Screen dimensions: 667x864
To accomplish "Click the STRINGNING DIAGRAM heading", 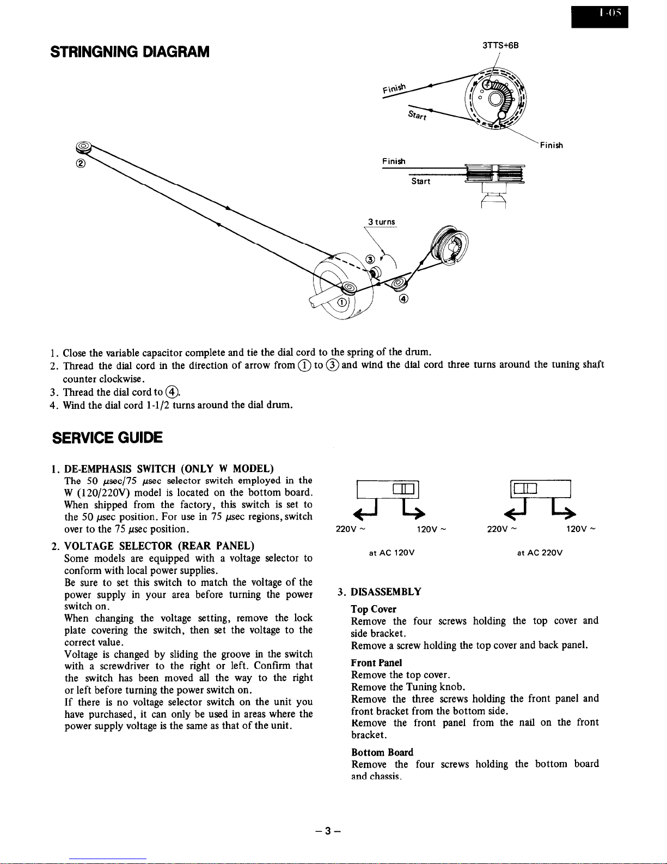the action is coord(130,52).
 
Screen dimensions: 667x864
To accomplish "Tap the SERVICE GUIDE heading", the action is coord(107,438).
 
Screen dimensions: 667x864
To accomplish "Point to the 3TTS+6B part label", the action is coord(500,45).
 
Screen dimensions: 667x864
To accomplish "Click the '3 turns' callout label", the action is coord(382,222).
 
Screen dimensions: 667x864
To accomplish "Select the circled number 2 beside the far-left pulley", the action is coord(81,163).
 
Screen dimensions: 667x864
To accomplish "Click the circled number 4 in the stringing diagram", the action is coord(403,298).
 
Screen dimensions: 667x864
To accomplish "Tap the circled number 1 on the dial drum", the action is coord(342,303).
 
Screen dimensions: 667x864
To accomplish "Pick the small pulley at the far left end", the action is coord(84,147).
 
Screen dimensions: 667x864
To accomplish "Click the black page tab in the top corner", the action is coord(599,17).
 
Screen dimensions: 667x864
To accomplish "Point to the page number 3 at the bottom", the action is coord(328,831).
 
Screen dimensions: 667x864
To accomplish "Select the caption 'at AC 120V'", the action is coord(391,553).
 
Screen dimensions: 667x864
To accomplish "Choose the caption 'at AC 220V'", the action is coord(540,553).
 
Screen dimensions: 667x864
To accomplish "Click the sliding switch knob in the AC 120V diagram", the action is coord(403,488).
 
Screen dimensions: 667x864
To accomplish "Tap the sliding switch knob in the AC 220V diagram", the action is coord(525,488).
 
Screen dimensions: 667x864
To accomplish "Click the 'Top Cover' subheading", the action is coord(373,609).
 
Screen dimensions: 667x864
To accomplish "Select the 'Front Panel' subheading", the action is coord(376,663).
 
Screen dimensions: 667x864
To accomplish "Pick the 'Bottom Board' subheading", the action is coord(382,752).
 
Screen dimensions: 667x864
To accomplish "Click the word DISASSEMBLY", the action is coord(385,592).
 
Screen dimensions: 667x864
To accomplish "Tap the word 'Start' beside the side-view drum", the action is coord(420,182).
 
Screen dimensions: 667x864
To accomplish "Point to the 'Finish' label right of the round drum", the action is coord(551,146).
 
